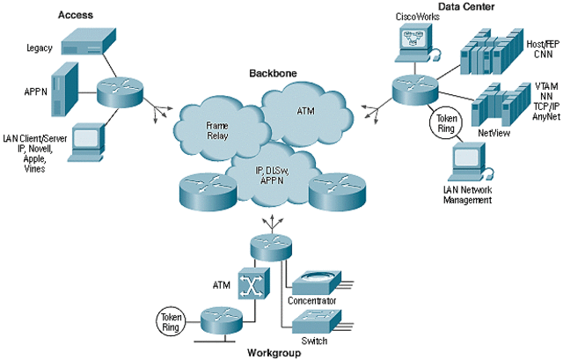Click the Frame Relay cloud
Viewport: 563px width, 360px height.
pyautogui.click(x=212, y=132)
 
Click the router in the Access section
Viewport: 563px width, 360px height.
pyautogui.click(x=120, y=90)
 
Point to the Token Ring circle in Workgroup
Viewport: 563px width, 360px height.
pyautogui.click(x=170, y=320)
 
